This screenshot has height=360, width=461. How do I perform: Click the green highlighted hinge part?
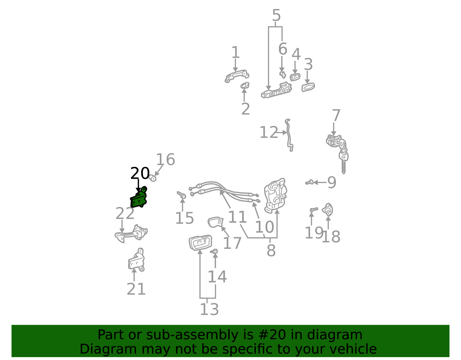(x=139, y=198)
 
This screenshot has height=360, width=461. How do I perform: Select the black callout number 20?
(x=140, y=173)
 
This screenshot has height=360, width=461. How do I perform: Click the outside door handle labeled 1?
(x=237, y=76)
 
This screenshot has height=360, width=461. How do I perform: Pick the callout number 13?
(x=209, y=309)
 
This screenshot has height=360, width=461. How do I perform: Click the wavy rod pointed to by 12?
(x=289, y=135)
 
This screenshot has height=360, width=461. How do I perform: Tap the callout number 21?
(x=136, y=289)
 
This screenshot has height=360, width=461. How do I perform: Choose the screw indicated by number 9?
(x=309, y=182)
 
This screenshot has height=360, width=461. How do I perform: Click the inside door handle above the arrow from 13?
(x=200, y=242)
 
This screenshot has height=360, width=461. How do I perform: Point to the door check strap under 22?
(x=131, y=233)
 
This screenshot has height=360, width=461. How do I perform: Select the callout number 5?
(x=276, y=15)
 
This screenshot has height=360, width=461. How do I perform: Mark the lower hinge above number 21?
(x=136, y=260)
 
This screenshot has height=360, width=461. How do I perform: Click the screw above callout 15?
(x=182, y=195)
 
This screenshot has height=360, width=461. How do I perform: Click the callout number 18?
(x=331, y=237)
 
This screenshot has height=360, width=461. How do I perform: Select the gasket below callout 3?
(x=308, y=87)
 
